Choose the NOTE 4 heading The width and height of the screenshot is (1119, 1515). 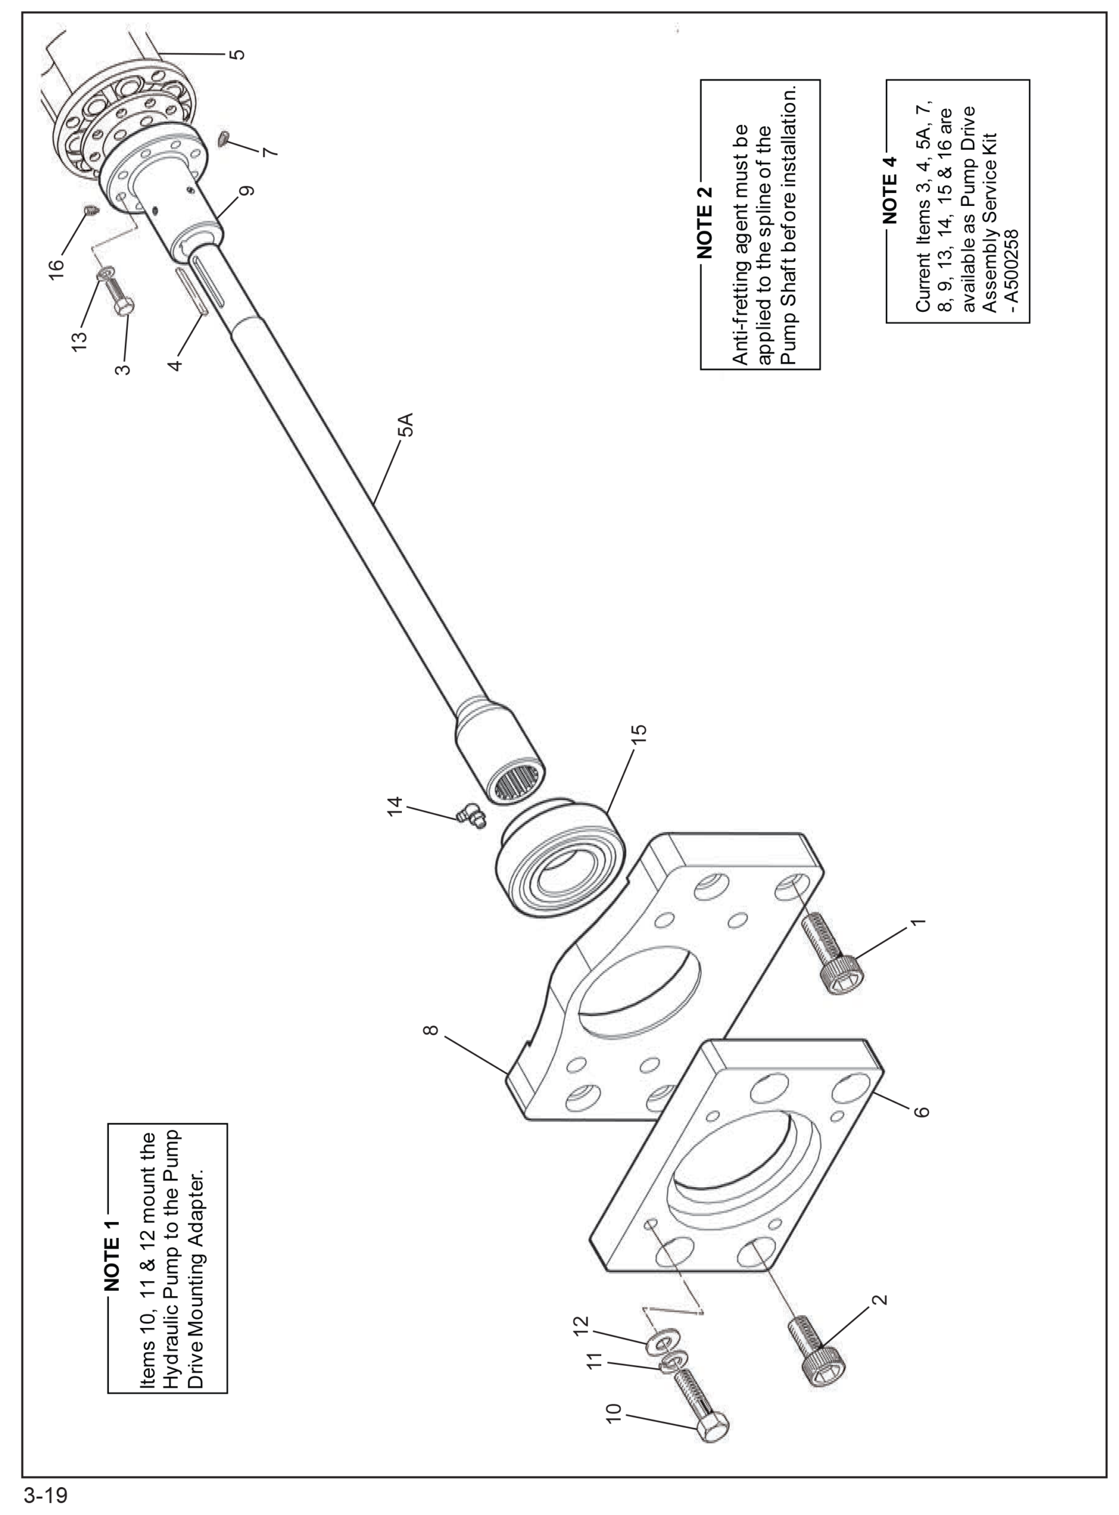(x=890, y=189)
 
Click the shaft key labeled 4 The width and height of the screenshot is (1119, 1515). (x=192, y=291)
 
